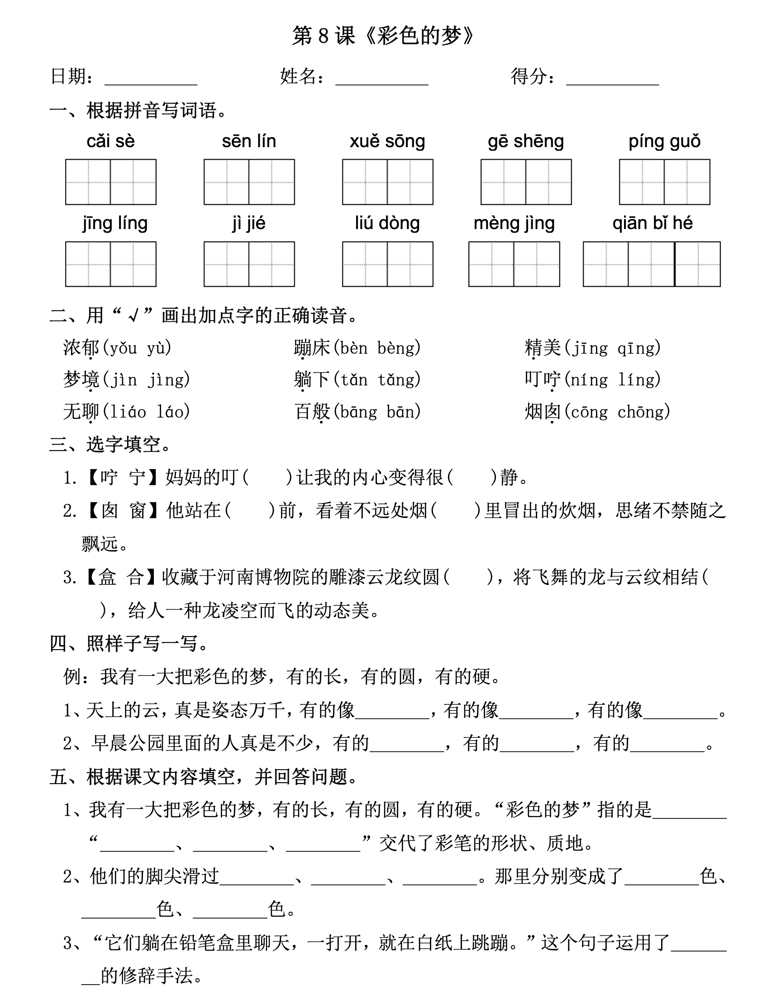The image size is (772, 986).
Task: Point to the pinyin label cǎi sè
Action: click(x=110, y=141)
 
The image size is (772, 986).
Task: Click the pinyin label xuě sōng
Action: click(x=387, y=141)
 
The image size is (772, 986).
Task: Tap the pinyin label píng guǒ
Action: click(x=664, y=141)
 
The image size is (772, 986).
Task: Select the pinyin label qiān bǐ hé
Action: click(x=652, y=223)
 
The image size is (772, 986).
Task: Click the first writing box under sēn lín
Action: click(x=226, y=182)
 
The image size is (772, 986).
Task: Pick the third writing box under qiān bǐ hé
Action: click(x=697, y=264)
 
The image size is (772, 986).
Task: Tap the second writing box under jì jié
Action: click(x=272, y=264)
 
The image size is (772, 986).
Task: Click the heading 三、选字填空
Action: click(x=110, y=445)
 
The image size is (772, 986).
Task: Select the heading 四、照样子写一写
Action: click(x=129, y=643)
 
